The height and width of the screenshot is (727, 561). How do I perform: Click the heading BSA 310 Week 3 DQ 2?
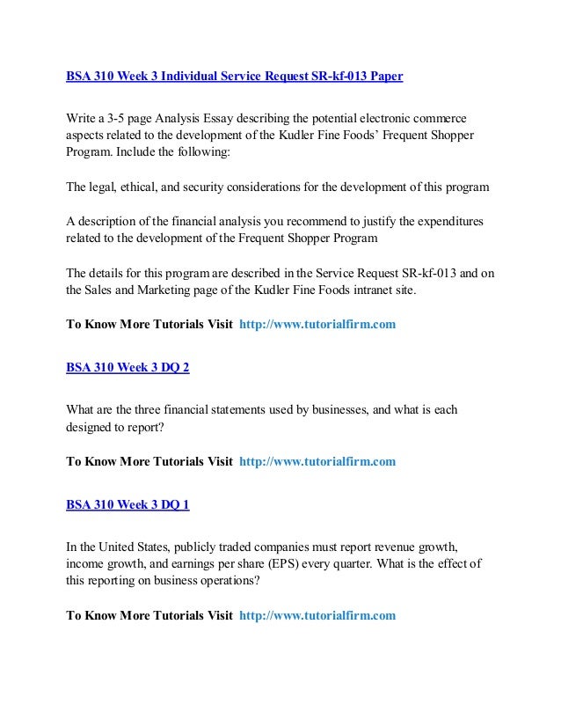tap(127, 368)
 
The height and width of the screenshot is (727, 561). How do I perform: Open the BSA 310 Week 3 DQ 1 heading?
tap(127, 504)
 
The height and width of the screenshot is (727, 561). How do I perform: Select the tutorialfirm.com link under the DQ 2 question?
tap(317, 460)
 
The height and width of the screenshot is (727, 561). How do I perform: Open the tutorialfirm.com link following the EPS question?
tap(317, 615)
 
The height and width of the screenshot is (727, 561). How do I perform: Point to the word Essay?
tap(222, 118)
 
